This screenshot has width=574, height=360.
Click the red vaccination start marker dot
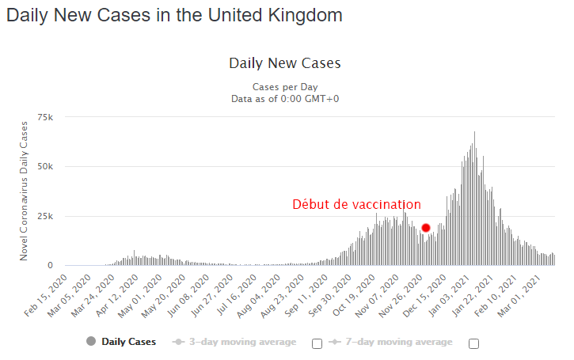coord(426,228)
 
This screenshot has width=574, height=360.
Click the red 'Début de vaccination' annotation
coord(356,205)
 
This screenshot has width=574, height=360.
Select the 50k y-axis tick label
coord(45,167)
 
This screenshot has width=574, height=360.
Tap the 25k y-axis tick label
coord(45,216)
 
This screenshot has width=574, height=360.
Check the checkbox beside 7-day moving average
coord(475,343)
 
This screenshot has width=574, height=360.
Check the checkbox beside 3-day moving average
coord(317,343)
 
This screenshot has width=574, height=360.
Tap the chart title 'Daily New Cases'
coord(284,63)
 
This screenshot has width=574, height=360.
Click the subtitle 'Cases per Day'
coord(284,86)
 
